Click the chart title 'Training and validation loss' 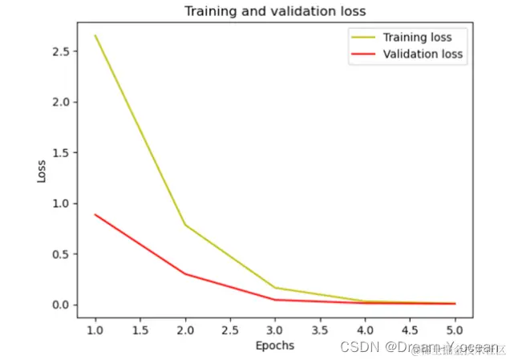point(274,11)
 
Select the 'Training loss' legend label point(417,37)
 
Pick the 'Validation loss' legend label point(423,55)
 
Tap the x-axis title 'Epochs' point(274,346)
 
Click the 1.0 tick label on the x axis point(95,328)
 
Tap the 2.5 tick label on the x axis point(230,328)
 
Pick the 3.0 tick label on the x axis point(275,328)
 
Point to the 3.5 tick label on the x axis point(320,328)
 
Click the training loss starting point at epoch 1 point(95,35)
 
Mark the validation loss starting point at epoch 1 point(95,214)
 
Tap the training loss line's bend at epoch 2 point(185,224)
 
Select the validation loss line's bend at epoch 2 point(185,273)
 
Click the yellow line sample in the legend point(361,38)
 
